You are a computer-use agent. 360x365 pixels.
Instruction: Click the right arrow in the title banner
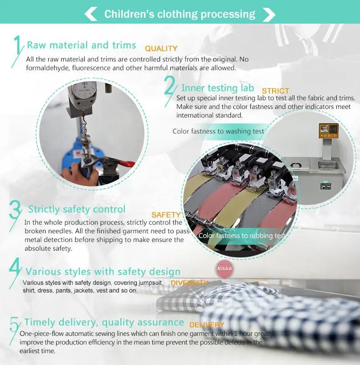269,15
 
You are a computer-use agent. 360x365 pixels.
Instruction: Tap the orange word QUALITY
161,48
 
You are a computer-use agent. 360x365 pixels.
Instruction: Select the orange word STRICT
276,91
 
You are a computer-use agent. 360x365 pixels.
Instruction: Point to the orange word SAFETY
166,215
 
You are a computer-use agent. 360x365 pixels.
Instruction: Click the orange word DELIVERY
207,325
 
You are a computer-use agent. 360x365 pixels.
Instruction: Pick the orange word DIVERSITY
189,283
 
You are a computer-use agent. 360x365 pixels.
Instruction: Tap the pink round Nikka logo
225,269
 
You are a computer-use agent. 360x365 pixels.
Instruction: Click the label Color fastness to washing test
218,131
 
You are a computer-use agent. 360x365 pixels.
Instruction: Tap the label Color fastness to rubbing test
242,236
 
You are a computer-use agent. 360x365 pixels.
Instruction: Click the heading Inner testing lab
217,88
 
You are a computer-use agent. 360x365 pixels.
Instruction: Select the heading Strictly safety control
77,209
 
